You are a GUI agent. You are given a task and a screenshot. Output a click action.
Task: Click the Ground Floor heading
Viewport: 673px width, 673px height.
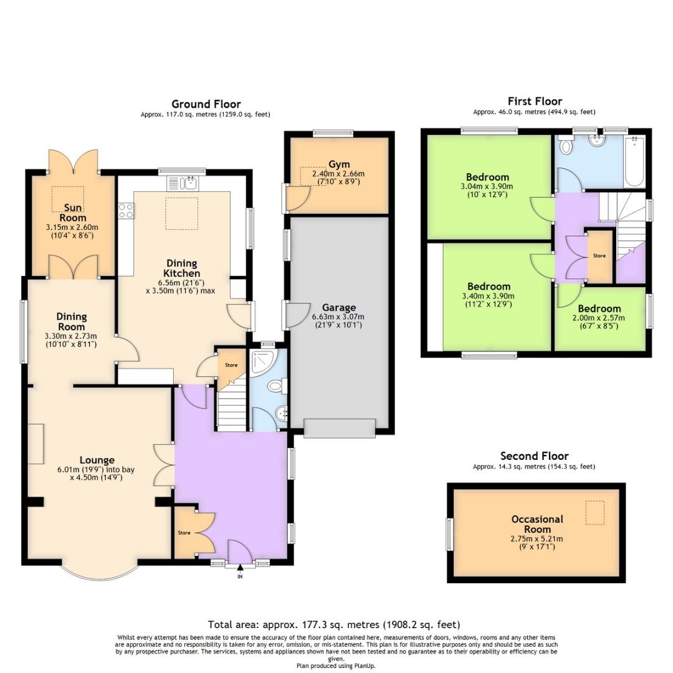[206, 104]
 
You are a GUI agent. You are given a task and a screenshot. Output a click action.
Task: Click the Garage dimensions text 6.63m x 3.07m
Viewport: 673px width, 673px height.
[339, 317]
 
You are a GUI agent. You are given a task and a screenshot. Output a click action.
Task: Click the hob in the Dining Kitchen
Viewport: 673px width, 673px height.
[125, 211]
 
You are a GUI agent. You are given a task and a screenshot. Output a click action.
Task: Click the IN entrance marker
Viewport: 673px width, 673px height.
[239, 576]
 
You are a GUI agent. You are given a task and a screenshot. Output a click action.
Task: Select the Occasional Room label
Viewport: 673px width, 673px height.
[537, 524]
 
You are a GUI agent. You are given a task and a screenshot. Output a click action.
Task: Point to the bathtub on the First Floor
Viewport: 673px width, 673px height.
[634, 162]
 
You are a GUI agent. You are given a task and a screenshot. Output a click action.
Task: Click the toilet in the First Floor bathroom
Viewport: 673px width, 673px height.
[566, 147]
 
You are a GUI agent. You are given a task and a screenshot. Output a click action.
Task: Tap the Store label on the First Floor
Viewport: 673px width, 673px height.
[599, 255]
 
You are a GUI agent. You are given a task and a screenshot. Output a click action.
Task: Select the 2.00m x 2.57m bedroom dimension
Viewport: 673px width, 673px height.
[599, 317]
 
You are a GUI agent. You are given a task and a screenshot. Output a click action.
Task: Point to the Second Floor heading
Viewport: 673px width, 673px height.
[534, 456]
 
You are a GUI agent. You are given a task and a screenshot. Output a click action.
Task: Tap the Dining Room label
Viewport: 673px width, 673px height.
[72, 322]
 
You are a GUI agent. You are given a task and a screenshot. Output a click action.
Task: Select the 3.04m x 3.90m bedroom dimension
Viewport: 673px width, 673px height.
[487, 186]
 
